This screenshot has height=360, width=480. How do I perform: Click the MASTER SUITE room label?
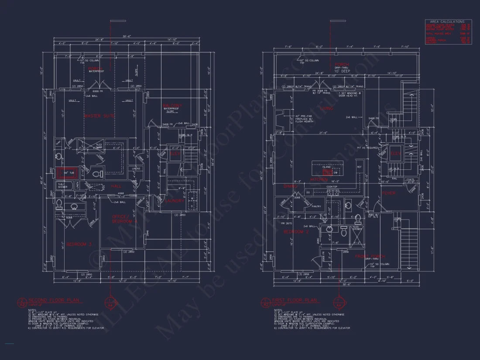(98, 116)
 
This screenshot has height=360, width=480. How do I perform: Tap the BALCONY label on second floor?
(172, 106)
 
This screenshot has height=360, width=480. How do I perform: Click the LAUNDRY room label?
(175, 201)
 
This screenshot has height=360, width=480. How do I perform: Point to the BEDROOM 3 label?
(79, 244)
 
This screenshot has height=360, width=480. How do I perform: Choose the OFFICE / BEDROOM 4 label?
(125, 219)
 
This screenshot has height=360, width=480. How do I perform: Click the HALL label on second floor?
(116, 186)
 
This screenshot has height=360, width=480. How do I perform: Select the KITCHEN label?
(319, 179)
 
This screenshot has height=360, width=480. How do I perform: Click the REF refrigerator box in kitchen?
(360, 167)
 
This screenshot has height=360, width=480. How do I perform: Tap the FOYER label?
(389, 193)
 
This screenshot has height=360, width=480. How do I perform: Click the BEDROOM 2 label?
(296, 232)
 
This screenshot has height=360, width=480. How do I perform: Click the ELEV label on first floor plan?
(396, 154)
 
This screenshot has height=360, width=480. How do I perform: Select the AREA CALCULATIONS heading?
(447, 21)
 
